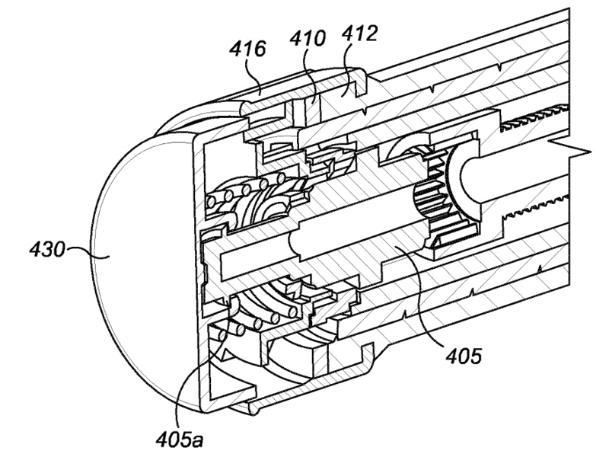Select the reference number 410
[308, 39]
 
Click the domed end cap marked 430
[129, 251]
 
